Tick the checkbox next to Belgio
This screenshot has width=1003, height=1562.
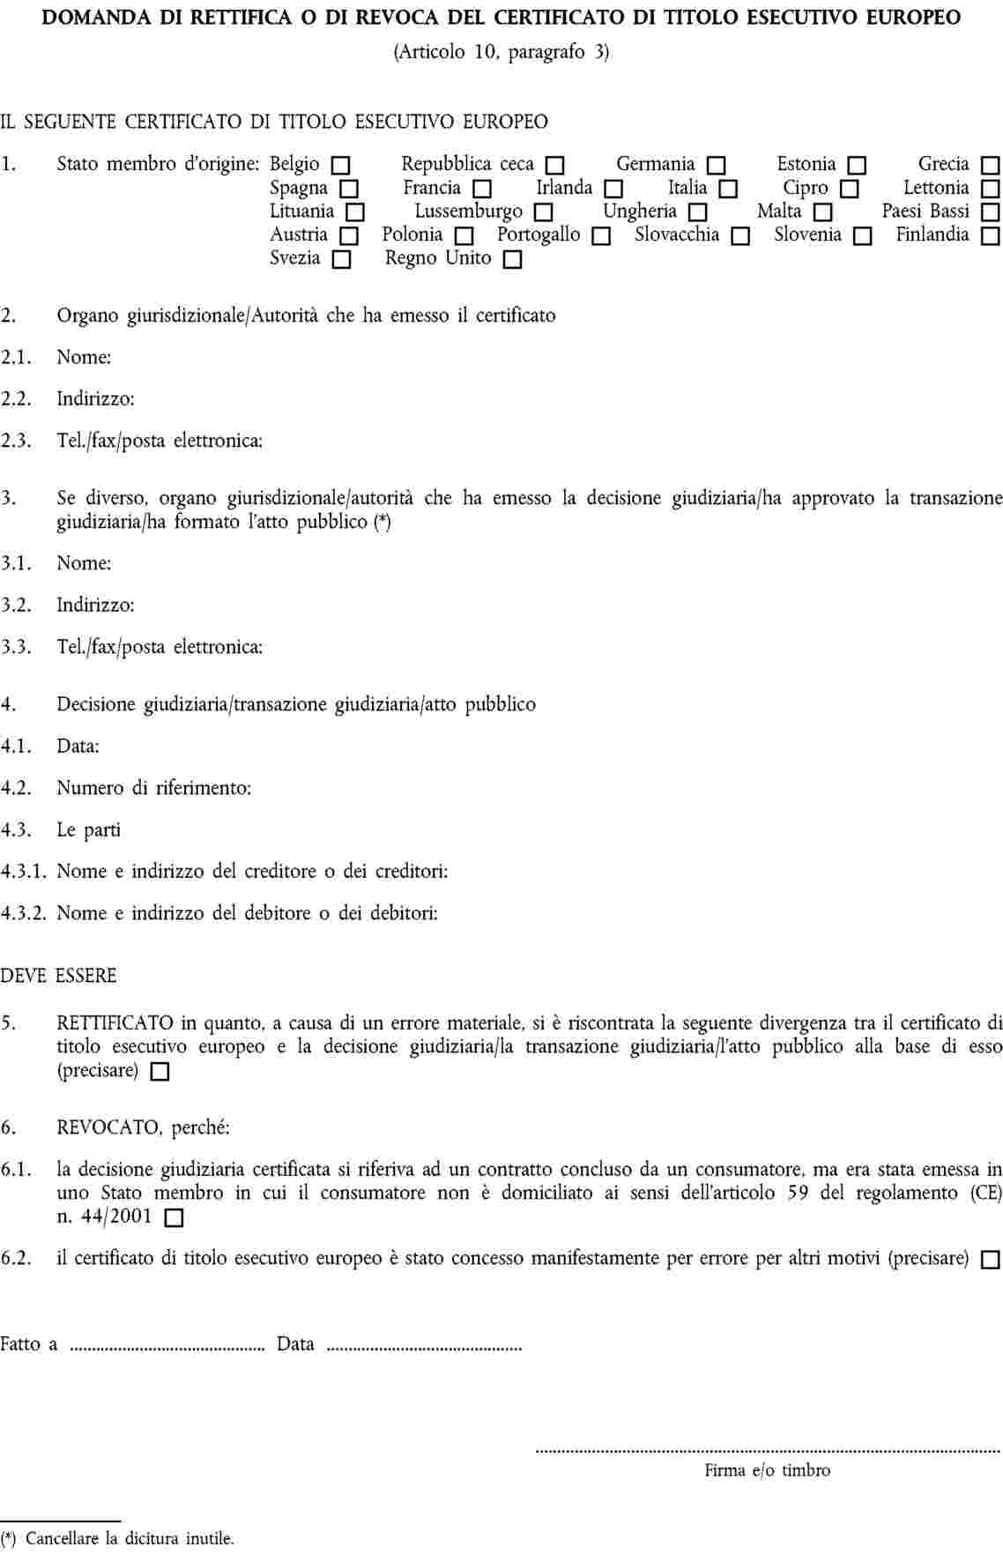click(x=340, y=166)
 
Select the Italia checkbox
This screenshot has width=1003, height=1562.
click(x=727, y=190)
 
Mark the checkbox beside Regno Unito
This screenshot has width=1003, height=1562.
click(x=512, y=261)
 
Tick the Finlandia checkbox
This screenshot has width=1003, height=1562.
click(x=990, y=237)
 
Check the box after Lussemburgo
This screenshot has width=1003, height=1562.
click(x=543, y=213)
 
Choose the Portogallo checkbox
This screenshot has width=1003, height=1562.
click(x=601, y=237)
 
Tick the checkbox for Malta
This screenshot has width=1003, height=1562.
click(x=822, y=213)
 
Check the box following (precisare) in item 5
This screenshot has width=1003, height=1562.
click(x=160, y=1073)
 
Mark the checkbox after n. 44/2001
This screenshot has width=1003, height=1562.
click(x=174, y=1219)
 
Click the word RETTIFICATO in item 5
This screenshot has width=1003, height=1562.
click(x=115, y=1023)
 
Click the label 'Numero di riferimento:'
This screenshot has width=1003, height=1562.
click(x=154, y=788)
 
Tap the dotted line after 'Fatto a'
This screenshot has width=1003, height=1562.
click(x=167, y=1347)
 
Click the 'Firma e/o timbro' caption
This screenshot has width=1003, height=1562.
click(x=767, y=1470)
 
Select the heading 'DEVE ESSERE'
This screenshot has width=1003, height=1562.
click(x=58, y=977)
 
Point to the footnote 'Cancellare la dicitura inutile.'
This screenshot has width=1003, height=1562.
click(x=130, y=1539)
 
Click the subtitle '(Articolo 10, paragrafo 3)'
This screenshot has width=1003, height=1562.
click(x=501, y=52)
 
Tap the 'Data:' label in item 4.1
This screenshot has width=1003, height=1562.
click(x=78, y=747)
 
